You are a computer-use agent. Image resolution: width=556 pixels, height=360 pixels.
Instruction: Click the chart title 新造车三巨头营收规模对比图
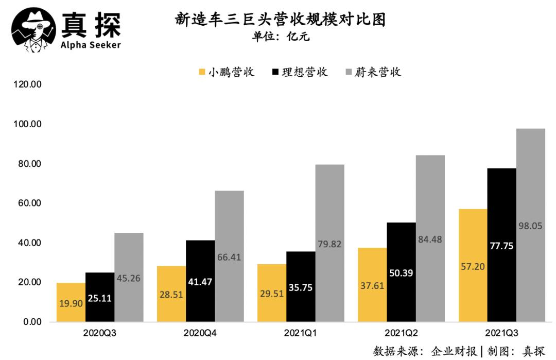pyautogui.click(x=281, y=20)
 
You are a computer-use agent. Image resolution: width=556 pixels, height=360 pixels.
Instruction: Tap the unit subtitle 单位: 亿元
pyautogui.click(x=281, y=37)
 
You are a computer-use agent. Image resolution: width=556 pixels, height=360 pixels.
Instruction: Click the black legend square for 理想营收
pyautogui.click(x=276, y=72)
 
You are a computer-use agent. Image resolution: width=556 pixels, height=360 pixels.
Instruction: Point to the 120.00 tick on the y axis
pyautogui.click(x=27, y=85)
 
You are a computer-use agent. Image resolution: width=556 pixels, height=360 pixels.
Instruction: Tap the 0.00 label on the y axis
pyautogui.click(x=31, y=322)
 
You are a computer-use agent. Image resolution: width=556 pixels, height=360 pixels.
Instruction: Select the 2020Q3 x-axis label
pyautogui.click(x=100, y=333)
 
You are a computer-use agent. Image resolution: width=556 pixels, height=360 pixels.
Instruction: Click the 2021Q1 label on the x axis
pyautogui.click(x=301, y=333)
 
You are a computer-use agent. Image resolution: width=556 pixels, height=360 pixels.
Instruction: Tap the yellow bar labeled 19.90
pyautogui.click(x=71, y=309)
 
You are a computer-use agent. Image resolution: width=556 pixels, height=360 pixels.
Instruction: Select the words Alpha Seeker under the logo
pyautogui.click(x=91, y=45)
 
